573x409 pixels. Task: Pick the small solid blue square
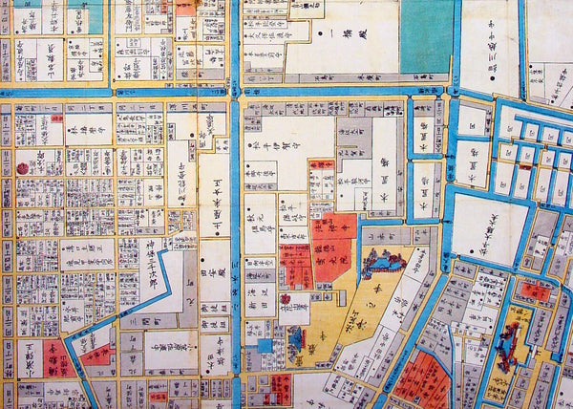pyautogui.click(x=263, y=344)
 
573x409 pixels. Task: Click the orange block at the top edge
pyautogui.click(x=185, y=7)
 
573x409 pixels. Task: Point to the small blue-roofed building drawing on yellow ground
pyautogui.click(x=297, y=336)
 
